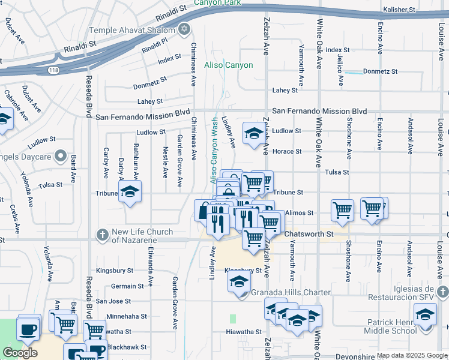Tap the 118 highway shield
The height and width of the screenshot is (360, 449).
[53, 70]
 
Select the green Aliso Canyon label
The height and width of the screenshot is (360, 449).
[229, 65]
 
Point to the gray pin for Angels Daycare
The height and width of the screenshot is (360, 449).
[60, 157]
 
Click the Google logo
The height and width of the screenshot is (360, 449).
[20, 352]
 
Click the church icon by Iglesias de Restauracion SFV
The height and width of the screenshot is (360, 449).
[442, 292]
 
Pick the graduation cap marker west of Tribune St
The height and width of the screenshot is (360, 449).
[128, 193]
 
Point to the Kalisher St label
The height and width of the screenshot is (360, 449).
[400, 10]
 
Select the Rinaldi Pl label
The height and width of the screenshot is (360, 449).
[155, 46]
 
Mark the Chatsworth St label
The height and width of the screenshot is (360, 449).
[309, 233]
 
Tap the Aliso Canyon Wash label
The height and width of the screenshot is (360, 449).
[214, 151]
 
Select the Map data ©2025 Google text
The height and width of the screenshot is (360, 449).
[412, 355]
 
